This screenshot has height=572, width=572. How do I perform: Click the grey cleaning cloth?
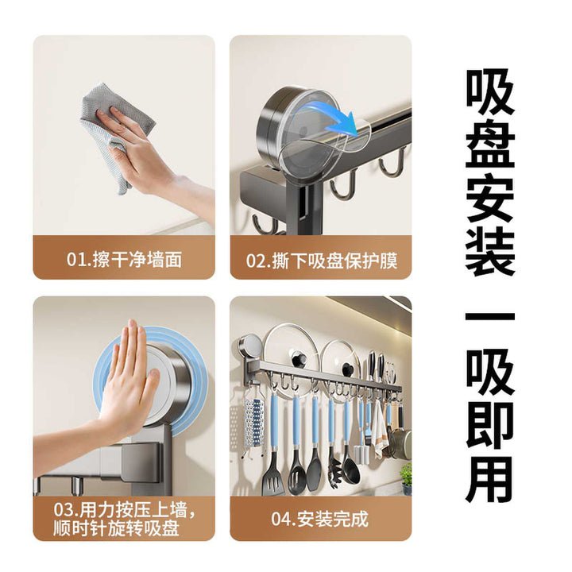110,124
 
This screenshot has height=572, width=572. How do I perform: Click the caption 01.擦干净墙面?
124,260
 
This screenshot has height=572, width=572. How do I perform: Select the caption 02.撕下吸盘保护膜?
322,261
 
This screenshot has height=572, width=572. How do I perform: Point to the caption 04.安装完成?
319,518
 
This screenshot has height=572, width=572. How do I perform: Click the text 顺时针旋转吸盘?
116,528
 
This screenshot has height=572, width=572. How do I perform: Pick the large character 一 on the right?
490,316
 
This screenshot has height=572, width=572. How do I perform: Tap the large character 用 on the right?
490,479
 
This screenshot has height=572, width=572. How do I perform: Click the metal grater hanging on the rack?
254,423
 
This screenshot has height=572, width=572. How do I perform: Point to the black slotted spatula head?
272,478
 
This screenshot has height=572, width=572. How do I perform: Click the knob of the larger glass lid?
300,358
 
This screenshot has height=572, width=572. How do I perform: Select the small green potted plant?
406,478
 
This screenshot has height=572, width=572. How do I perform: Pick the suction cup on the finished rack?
251,346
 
